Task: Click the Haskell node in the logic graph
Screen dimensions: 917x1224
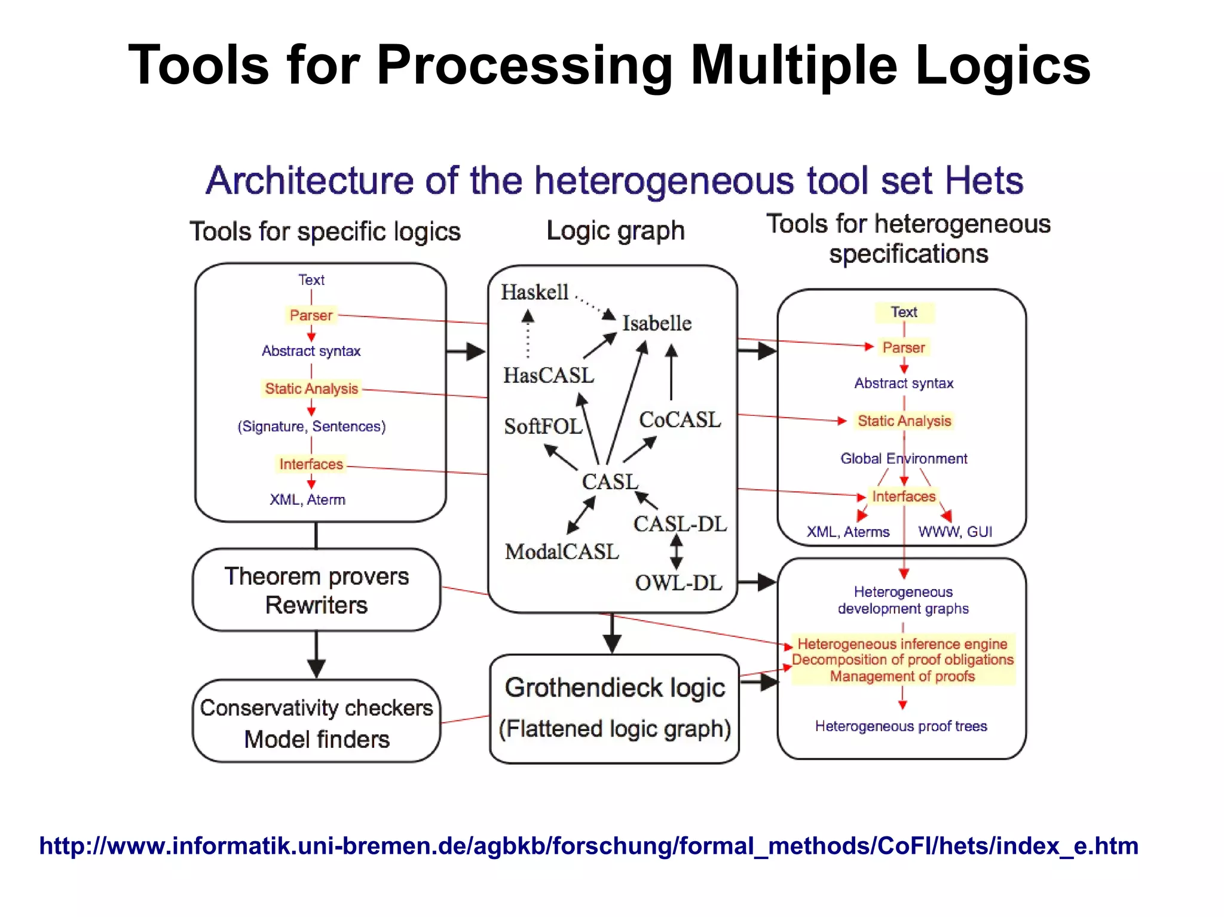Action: (x=534, y=292)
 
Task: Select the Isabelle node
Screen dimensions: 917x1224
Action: (x=657, y=323)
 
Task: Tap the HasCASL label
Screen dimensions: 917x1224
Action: (x=549, y=375)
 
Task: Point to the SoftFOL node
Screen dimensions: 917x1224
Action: (x=543, y=426)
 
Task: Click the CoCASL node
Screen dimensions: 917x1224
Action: (x=680, y=419)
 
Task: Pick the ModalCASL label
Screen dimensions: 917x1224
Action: (x=562, y=551)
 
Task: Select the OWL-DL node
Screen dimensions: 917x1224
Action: (x=678, y=582)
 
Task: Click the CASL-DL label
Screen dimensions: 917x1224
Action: (x=680, y=524)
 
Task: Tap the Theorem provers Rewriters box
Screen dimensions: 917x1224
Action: (x=316, y=590)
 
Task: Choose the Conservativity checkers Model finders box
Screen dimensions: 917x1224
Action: (x=316, y=722)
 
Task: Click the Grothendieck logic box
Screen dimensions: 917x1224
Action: (x=614, y=708)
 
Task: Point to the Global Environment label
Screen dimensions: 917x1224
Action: (x=903, y=458)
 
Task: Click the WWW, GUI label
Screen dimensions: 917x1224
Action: (x=955, y=532)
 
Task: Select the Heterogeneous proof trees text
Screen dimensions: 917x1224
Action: (x=901, y=726)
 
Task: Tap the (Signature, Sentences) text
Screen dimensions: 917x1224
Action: (x=311, y=427)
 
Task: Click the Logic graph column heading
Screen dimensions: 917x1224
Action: (x=615, y=231)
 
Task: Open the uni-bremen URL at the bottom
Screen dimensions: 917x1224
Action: (x=588, y=846)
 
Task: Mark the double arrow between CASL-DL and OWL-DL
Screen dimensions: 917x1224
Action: (x=676, y=552)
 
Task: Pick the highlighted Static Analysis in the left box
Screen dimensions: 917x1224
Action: (x=311, y=388)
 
